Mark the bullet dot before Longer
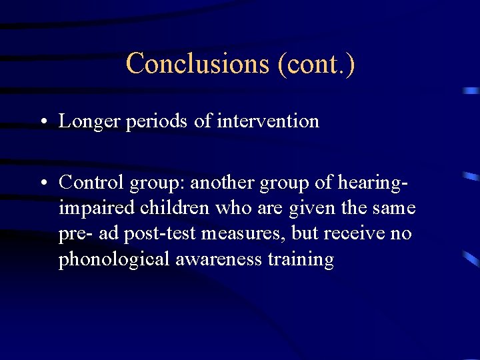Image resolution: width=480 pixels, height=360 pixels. click(42, 122)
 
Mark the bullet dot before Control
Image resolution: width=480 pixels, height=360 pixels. click(42, 182)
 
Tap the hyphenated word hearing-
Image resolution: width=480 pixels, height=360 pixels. click(371, 181)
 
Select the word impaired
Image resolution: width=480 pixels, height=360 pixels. click(97, 208)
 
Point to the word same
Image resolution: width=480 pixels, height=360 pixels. click(394, 208)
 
